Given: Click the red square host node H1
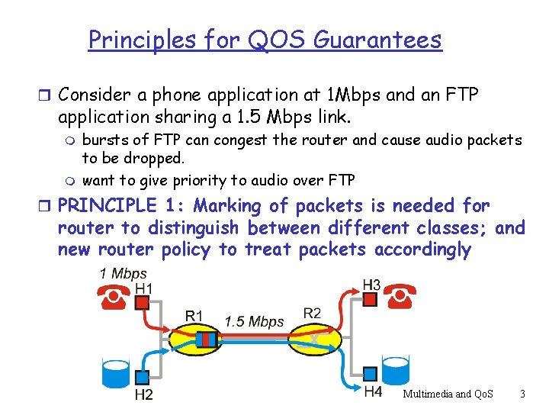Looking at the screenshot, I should [142, 303].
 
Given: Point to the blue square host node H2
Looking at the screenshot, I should [142, 377].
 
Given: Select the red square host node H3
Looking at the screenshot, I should [370, 300].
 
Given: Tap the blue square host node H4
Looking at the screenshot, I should [370, 374].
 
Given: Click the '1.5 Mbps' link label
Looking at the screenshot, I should [254, 321].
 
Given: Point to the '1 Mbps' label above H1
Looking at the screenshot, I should [123, 273].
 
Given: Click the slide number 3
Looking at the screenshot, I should [522, 394].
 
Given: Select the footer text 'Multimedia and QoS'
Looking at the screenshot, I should [448, 394].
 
